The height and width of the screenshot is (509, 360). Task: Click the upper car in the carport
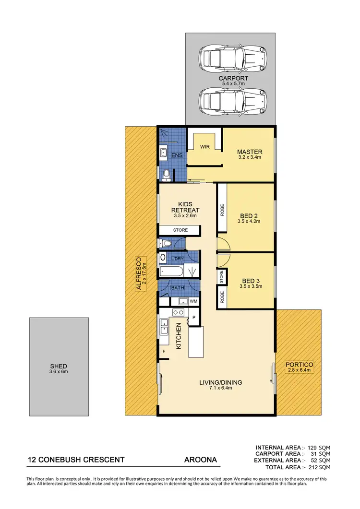[x=232, y=58]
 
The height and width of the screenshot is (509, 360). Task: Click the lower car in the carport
[x=232, y=100]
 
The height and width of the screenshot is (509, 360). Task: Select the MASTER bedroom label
[x=250, y=152]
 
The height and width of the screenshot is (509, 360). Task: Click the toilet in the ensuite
[x=166, y=175]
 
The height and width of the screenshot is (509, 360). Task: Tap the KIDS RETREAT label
[x=185, y=207]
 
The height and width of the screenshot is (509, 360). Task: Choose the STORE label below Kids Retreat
[x=180, y=230]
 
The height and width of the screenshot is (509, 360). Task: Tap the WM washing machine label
[x=194, y=301]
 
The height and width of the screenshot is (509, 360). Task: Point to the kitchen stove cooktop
[x=178, y=312]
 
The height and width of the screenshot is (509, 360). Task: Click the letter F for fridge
[x=164, y=351]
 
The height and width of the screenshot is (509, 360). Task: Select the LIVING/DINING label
[x=221, y=382]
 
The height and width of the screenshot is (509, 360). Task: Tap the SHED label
[x=59, y=366]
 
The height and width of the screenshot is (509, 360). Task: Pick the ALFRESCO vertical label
[x=139, y=274]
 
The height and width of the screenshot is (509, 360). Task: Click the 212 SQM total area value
[x=319, y=467]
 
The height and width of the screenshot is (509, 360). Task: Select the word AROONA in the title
[x=201, y=460]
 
